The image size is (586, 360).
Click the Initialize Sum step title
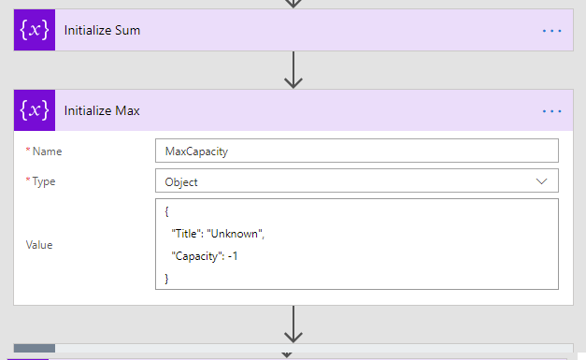[x=102, y=31]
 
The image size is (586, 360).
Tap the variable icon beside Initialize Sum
[x=35, y=31]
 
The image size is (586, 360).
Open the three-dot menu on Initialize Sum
[x=552, y=31]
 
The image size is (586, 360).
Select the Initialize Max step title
[x=102, y=111]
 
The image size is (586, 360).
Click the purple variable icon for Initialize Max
[x=35, y=110]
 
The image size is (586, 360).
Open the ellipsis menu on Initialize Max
[x=552, y=111]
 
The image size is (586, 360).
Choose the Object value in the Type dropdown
[x=180, y=181]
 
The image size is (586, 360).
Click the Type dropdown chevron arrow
[x=541, y=181]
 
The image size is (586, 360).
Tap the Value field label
[x=39, y=245]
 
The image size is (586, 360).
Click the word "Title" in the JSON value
[x=185, y=234]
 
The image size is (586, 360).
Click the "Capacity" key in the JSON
[x=196, y=256]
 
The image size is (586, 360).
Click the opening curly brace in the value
[x=166, y=212]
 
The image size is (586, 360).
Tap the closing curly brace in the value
[x=166, y=278]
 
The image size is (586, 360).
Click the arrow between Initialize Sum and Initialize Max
[x=293, y=70]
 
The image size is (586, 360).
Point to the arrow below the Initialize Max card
[x=293, y=324]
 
